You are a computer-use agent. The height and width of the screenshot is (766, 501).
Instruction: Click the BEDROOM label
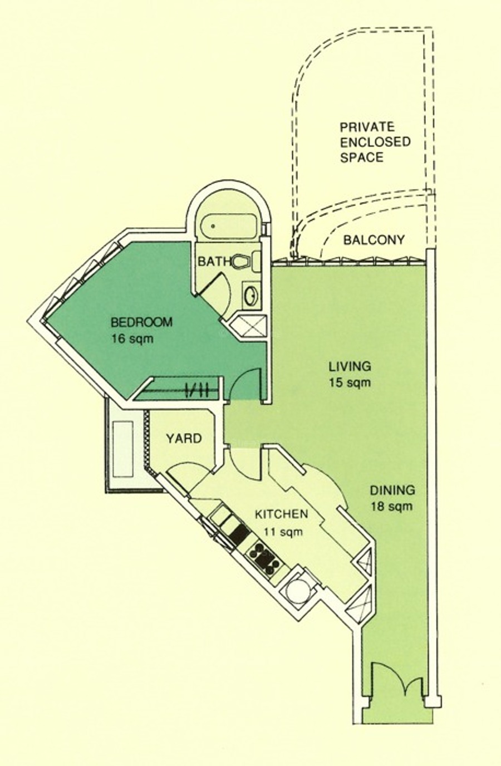141,322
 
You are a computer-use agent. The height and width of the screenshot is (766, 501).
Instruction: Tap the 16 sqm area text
132,339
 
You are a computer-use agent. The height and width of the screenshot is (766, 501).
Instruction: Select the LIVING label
350,366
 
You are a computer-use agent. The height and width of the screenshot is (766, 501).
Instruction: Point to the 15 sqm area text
350,382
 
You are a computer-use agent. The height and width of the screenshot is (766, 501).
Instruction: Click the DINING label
392,490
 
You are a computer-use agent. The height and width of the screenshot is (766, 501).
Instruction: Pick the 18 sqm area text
392,506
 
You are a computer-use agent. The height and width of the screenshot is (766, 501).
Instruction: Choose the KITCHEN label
282,514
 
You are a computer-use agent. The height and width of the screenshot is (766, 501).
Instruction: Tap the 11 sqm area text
283,532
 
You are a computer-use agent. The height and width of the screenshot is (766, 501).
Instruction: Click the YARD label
184,439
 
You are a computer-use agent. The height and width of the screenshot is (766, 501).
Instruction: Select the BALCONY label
374,240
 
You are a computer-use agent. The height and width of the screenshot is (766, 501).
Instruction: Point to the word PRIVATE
367,127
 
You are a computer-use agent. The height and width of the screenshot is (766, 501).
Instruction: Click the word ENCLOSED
375,142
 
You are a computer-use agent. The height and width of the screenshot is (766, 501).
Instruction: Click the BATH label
215,262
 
